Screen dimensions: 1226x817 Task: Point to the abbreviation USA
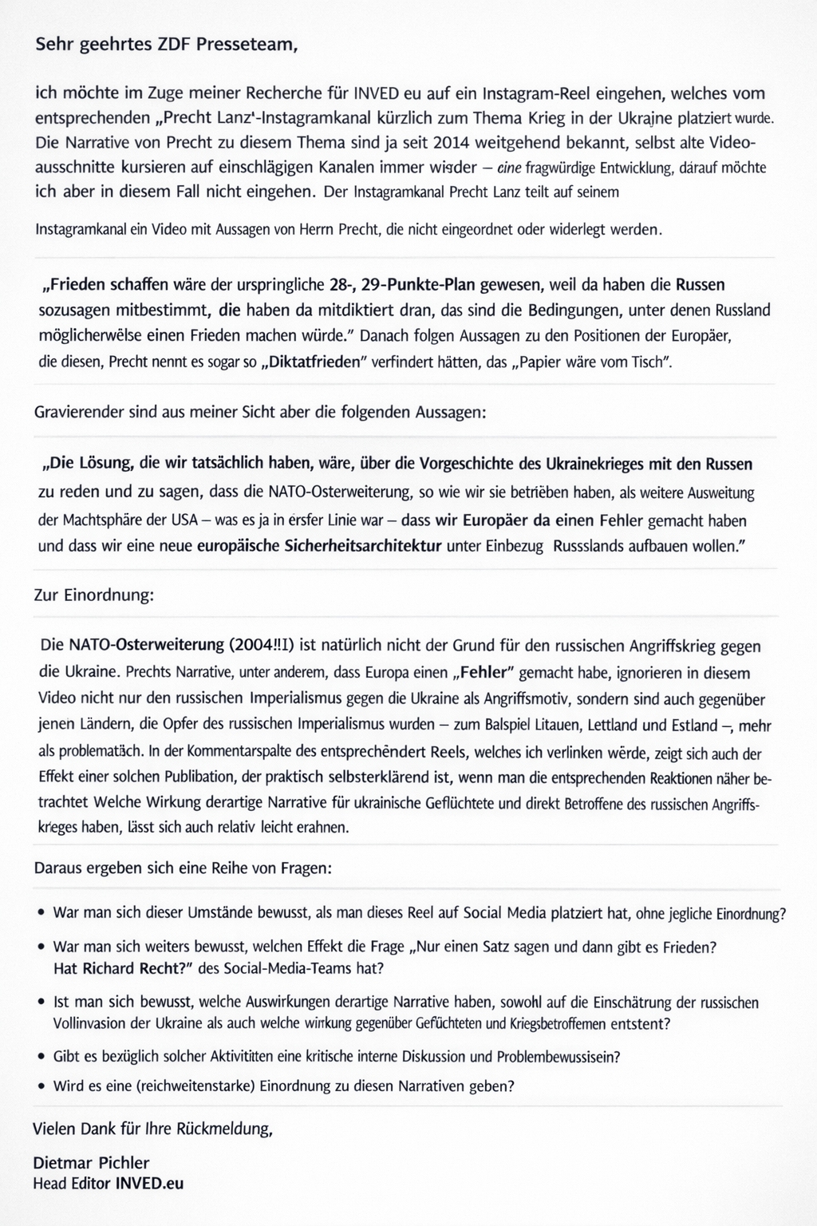click(178, 520)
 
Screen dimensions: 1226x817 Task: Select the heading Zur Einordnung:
click(93, 595)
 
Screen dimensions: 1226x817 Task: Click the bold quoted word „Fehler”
click(481, 672)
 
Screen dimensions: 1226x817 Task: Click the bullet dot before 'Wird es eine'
click(41, 1086)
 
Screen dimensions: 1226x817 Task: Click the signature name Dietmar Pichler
click(91, 1162)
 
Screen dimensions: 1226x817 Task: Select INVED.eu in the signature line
click(149, 1183)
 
